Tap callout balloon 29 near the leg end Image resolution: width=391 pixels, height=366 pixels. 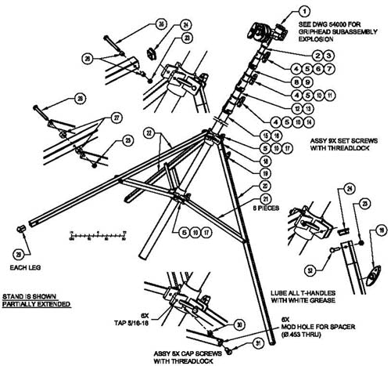pyautogui.click(x=18, y=255)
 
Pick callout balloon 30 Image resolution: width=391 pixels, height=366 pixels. pyautogui.click(x=239, y=324)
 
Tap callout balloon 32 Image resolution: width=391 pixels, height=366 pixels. pyautogui.click(x=312, y=270)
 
